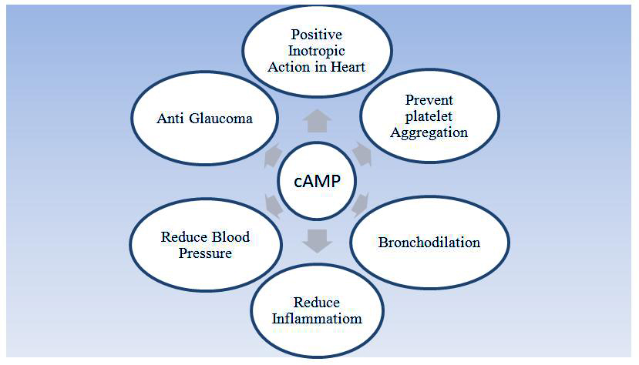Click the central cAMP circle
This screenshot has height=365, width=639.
317,181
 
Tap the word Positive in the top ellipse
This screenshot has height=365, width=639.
316,35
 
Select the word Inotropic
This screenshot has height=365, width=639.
316,51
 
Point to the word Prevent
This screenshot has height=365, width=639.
429,100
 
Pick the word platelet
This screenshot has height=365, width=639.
429,116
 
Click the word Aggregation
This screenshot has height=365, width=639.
429,132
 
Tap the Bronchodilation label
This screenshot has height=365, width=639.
429,243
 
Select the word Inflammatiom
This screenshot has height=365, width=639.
316,319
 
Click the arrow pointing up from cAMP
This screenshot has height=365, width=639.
317,122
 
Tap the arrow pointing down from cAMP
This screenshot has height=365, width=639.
317,241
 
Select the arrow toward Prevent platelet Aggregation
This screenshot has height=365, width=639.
362,153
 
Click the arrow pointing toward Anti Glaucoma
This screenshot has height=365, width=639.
273,154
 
